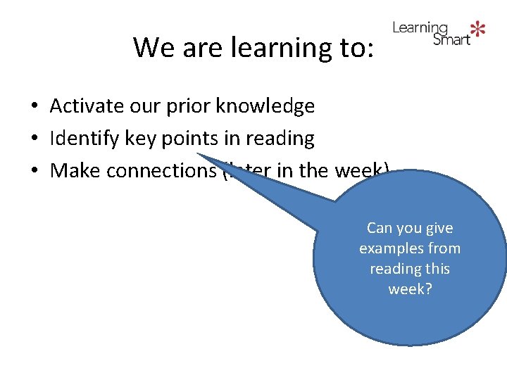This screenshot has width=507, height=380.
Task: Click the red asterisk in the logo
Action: pyautogui.click(x=478, y=29)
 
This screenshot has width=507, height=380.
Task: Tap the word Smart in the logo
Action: pyautogui.click(x=451, y=39)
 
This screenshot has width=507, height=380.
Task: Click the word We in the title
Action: pyautogui.click(x=149, y=48)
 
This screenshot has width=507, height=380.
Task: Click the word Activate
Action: pyautogui.click(x=89, y=106)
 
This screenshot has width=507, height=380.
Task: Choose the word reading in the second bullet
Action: pyautogui.click(x=277, y=139)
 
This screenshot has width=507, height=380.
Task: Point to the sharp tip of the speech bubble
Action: pyautogui.click(x=198, y=154)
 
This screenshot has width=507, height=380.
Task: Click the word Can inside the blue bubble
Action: pyautogui.click(x=380, y=228)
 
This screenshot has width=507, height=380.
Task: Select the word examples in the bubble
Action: pyautogui.click(x=389, y=248)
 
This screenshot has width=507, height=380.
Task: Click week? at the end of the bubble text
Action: pyautogui.click(x=410, y=289)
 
